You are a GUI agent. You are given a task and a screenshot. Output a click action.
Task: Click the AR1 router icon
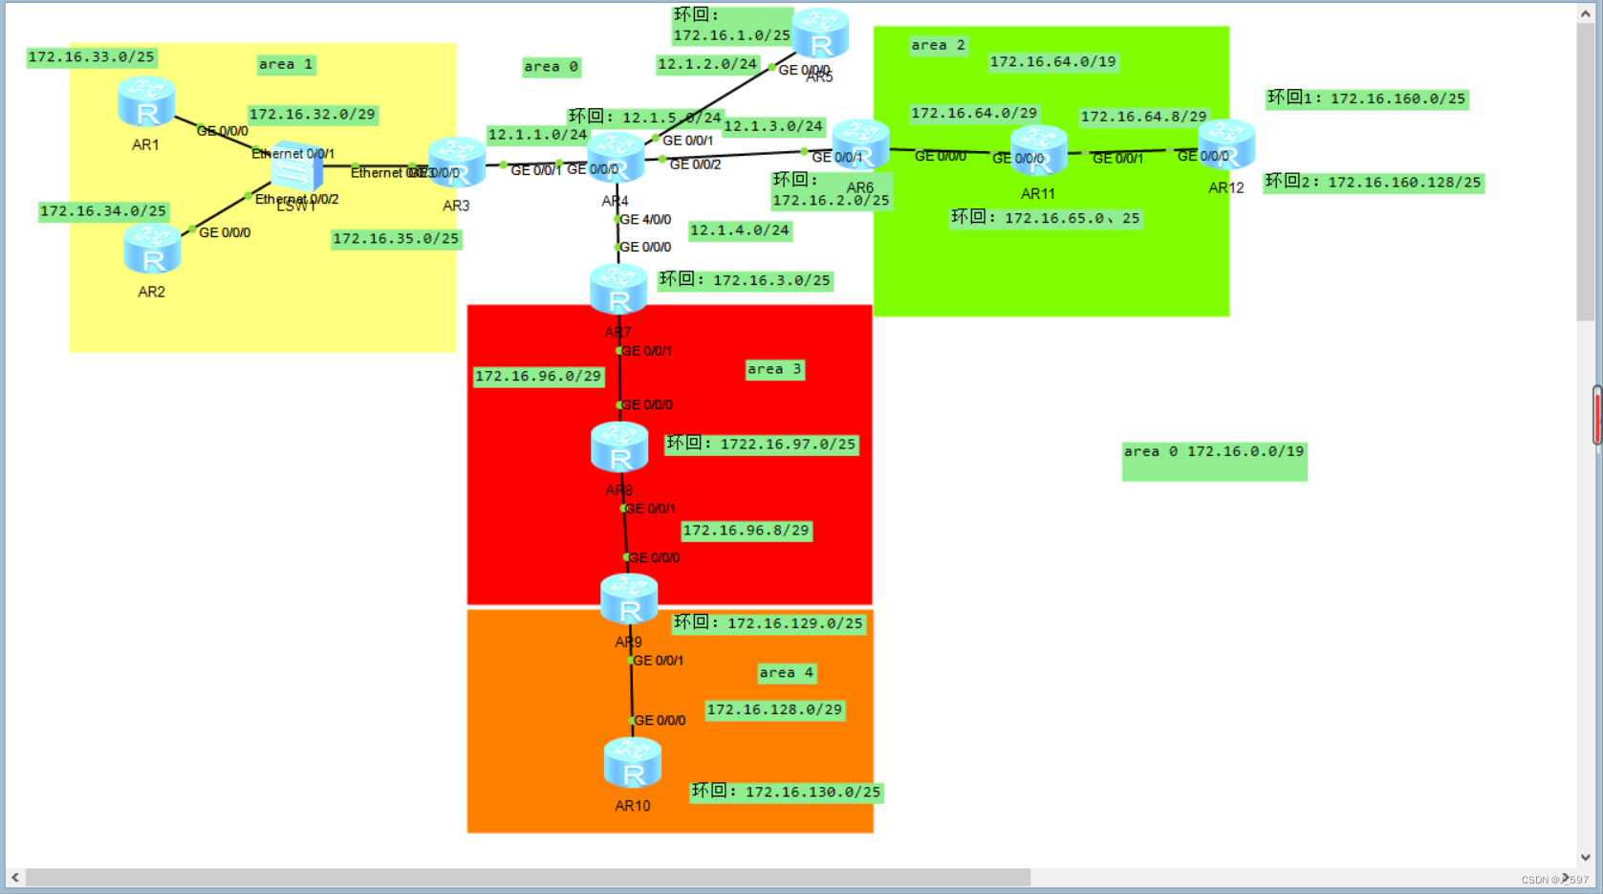(x=146, y=101)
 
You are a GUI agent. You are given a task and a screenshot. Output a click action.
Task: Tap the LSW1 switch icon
(x=295, y=170)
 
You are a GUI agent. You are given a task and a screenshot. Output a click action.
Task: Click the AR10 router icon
(x=633, y=764)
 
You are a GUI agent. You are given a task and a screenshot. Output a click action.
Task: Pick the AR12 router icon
(x=1226, y=144)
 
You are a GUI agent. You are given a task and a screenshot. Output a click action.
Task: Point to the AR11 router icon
(x=1039, y=151)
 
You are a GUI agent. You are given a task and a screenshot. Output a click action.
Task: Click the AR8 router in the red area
(x=619, y=447)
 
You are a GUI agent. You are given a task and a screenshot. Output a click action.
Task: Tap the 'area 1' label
(x=286, y=65)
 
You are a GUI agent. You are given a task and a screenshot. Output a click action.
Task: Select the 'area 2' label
(x=938, y=45)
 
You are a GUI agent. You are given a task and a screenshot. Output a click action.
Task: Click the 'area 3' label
(x=774, y=369)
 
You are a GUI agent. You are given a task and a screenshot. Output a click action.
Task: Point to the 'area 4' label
(x=787, y=673)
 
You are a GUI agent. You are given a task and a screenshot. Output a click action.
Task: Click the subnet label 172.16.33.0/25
(x=92, y=57)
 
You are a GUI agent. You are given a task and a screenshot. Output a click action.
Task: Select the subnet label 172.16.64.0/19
(x=1052, y=62)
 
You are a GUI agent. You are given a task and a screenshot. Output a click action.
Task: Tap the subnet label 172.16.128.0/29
(x=774, y=710)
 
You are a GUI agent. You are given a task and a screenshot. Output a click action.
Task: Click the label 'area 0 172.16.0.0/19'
(x=1214, y=452)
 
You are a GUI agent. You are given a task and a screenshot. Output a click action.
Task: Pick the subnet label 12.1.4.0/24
(x=740, y=230)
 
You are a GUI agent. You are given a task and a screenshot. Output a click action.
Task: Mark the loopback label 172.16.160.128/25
(x=1374, y=182)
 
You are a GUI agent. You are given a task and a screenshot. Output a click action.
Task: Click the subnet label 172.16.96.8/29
(x=746, y=531)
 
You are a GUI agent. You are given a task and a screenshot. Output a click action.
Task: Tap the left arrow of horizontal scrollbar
(x=15, y=878)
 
